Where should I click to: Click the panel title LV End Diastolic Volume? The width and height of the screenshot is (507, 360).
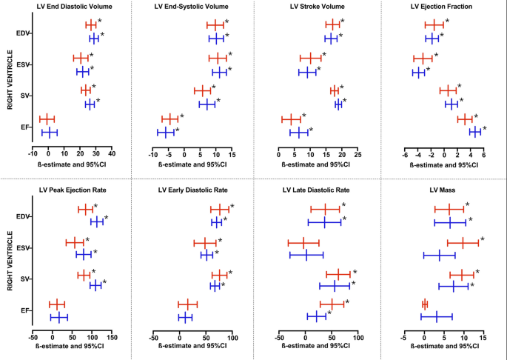point(71,7)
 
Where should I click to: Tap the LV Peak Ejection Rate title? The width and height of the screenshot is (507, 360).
point(71,189)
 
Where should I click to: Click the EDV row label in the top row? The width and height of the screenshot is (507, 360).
point(23,33)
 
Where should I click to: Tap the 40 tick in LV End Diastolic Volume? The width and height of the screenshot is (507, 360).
point(112,153)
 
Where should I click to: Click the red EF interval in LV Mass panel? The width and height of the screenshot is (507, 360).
point(425,304)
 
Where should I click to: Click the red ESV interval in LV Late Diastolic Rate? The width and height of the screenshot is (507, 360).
point(303,242)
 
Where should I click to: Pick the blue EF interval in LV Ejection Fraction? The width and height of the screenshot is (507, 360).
point(474,132)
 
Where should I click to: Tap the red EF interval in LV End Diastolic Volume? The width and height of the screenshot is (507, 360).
point(47,119)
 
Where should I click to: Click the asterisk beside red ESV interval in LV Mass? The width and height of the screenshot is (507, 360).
point(482,239)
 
